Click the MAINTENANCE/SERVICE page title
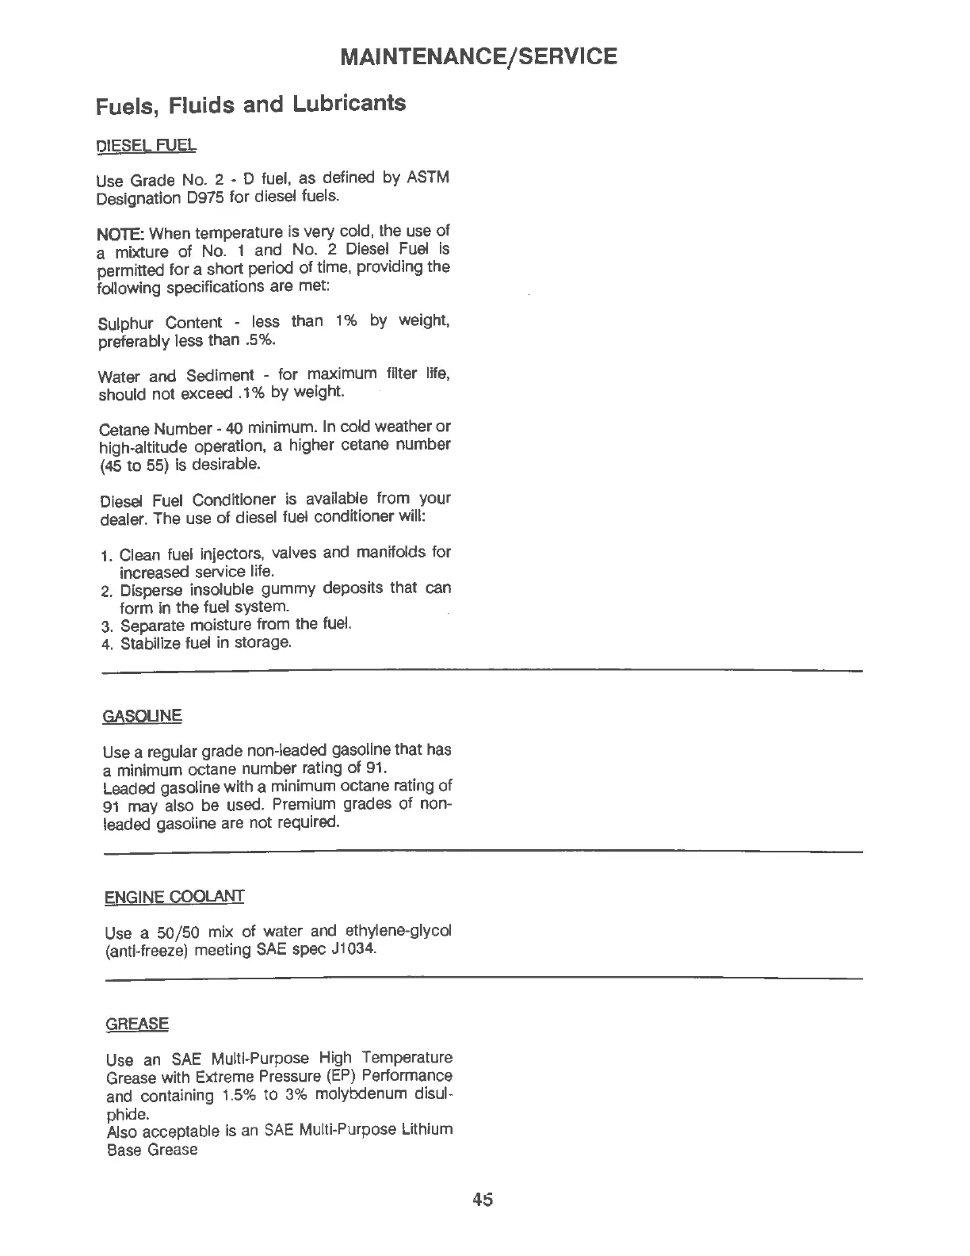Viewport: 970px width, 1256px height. [x=478, y=57]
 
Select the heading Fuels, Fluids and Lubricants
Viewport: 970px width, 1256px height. [x=250, y=105]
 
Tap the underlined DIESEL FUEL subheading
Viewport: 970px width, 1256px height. [x=146, y=147]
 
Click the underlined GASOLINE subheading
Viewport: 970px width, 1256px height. [x=143, y=716]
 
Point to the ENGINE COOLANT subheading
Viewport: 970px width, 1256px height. [x=174, y=897]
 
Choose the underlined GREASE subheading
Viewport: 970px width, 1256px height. [x=137, y=1024]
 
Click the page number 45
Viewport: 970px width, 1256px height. [x=482, y=1200]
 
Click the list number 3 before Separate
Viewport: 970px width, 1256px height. [x=109, y=625]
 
